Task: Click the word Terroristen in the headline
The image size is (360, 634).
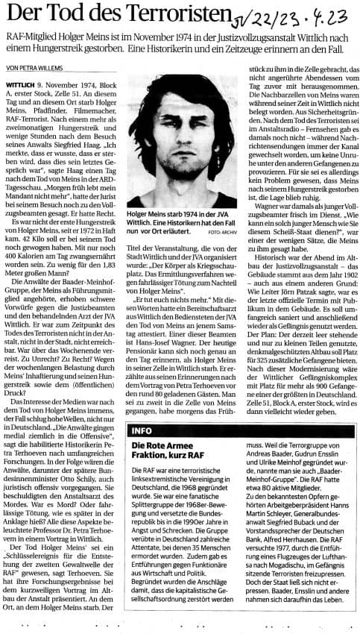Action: pyautogui.click(x=172, y=15)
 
